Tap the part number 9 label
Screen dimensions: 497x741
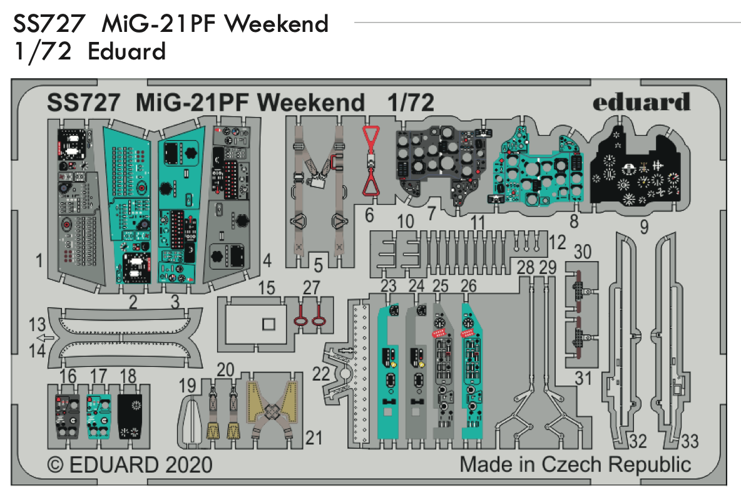click(644, 228)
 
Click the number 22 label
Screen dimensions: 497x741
click(320, 374)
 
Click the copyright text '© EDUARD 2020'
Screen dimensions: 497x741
click(130, 465)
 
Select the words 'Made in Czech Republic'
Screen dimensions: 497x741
click(575, 465)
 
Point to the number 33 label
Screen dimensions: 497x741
click(688, 442)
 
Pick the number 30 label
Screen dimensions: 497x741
click(582, 251)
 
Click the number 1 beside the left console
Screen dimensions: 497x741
click(39, 261)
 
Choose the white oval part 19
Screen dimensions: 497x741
click(192, 420)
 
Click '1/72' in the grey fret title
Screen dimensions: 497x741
click(411, 102)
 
